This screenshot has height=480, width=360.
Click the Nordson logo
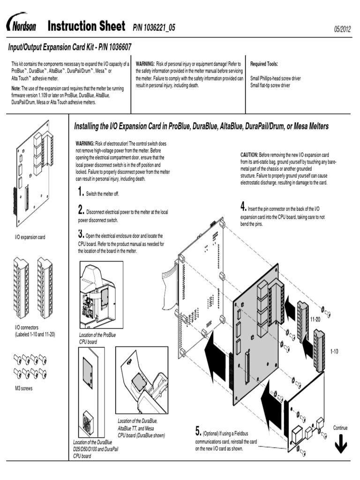[x=21, y=25]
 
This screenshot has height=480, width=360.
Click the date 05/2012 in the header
[x=342, y=29]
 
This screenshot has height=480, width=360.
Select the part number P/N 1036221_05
[x=154, y=28]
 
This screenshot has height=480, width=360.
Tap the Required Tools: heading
[x=264, y=64]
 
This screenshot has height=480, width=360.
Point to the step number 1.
[x=81, y=192]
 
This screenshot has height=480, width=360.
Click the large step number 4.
[x=243, y=206]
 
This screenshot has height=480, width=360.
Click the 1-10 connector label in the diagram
[x=334, y=351]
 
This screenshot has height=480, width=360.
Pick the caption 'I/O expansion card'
[x=30, y=238]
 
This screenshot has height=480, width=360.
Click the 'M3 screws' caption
[x=24, y=389]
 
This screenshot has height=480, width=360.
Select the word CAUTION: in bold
[x=249, y=154]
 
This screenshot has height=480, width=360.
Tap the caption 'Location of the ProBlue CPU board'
[x=97, y=338]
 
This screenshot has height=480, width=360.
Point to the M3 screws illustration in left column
[x=30, y=366]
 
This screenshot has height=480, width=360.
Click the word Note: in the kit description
[x=16, y=89]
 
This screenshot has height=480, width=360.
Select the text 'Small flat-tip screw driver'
[x=270, y=86]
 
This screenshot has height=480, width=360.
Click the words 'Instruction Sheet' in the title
[x=86, y=26]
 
